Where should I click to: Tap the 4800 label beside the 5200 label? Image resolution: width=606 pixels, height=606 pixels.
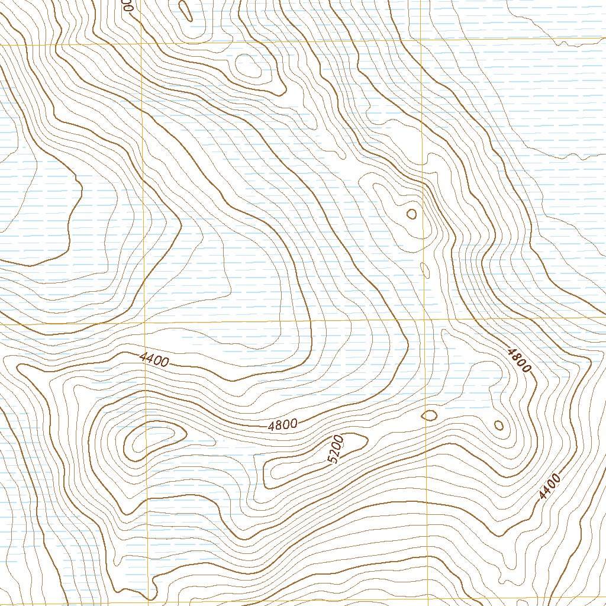pyautogui.click(x=282, y=424)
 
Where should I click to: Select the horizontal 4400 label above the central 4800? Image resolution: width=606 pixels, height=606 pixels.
pyautogui.click(x=154, y=359)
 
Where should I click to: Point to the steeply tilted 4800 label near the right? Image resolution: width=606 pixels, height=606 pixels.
pyautogui.click(x=519, y=360)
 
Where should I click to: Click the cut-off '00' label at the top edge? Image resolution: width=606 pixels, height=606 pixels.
pyautogui.click(x=128, y=5)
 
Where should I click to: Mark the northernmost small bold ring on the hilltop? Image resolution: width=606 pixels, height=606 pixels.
pyautogui.click(x=411, y=214)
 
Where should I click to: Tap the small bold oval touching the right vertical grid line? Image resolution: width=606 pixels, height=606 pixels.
pyautogui.click(x=429, y=415)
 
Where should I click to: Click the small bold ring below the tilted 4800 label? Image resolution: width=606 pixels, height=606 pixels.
pyautogui.click(x=498, y=424)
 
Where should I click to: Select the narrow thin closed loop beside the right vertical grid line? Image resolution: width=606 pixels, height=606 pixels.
pyautogui.click(x=425, y=270)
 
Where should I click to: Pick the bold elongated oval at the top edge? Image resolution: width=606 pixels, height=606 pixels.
pyautogui.click(x=185, y=9)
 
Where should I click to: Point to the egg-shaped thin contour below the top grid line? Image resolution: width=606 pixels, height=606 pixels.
pyautogui.click(x=247, y=66)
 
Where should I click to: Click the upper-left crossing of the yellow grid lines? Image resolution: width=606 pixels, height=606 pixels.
pyautogui.click(x=142, y=44)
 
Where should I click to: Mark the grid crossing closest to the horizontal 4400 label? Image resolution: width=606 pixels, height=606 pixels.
pyautogui.click(x=144, y=324)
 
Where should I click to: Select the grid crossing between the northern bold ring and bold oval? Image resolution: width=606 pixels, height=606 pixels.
pyautogui.click(x=426, y=320)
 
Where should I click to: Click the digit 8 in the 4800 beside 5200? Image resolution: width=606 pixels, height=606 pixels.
pyautogui.click(x=279, y=425)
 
